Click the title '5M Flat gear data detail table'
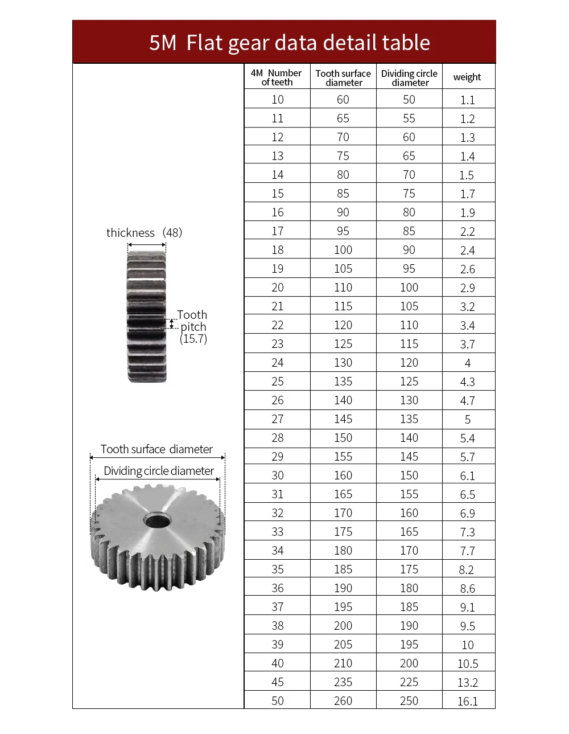(x=289, y=43)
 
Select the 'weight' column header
(x=467, y=77)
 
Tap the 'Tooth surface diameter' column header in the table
(x=343, y=78)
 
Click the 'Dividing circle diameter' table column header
(x=409, y=78)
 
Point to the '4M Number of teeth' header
(x=277, y=77)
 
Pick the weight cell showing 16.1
(x=467, y=701)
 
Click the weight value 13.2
(x=467, y=682)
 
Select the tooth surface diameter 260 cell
(x=343, y=701)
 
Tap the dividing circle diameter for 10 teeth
(x=409, y=100)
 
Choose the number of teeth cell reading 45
(x=278, y=682)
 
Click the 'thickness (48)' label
(x=144, y=233)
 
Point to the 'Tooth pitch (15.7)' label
(x=193, y=327)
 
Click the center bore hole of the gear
(x=157, y=520)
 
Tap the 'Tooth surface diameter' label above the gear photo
(x=156, y=449)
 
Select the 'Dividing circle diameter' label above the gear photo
(x=159, y=471)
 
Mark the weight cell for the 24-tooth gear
(x=467, y=363)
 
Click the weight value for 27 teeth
(x=467, y=420)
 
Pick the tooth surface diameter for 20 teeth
(x=343, y=288)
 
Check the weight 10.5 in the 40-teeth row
(x=467, y=663)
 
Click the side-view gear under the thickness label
(x=147, y=317)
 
